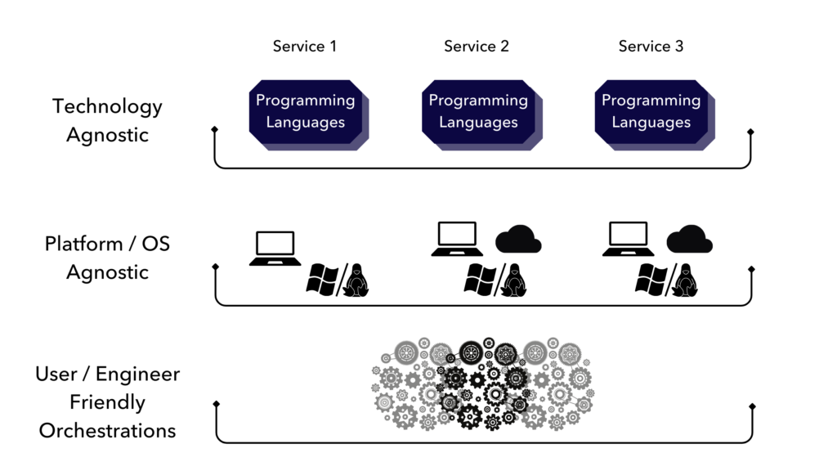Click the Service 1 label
coord(304,47)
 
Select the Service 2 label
coord(477,47)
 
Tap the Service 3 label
coord(651,47)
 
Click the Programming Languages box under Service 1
coord(306,112)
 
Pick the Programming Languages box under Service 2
coord(478,112)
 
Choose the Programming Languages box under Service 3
coord(651,112)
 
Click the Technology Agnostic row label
coord(107,120)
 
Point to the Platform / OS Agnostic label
coord(107,258)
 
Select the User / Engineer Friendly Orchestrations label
coord(107,401)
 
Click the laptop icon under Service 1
coord(274,248)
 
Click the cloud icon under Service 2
coord(518,239)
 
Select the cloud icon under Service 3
coord(689,239)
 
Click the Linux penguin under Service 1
coord(356,280)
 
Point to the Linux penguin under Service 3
coord(684,280)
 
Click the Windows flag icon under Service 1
coord(324,280)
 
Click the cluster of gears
coord(486,383)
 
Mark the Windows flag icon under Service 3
coord(653,280)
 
